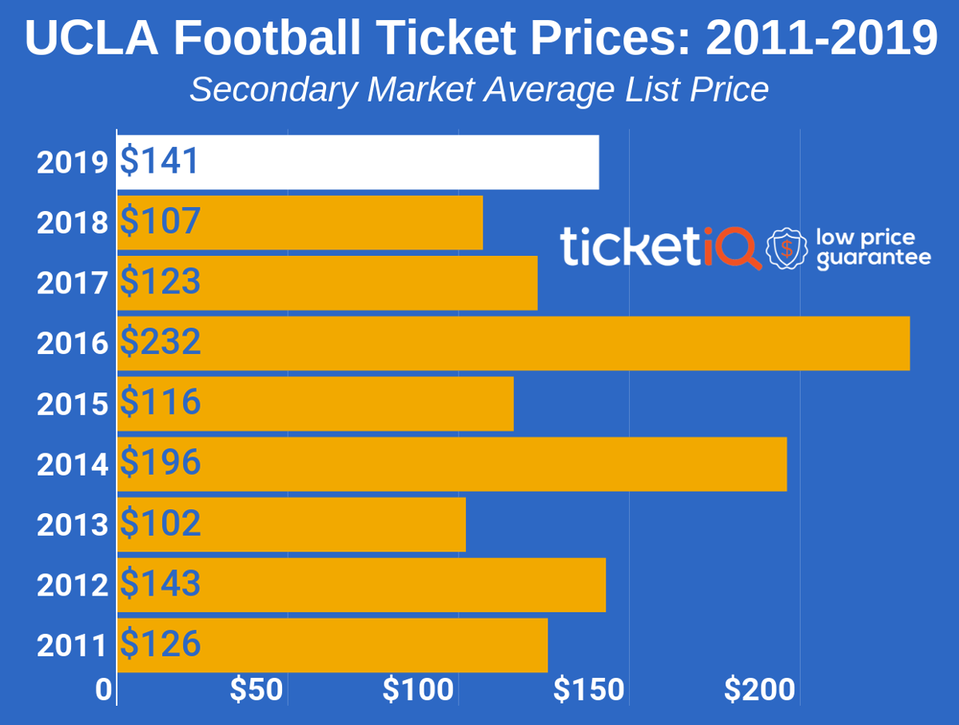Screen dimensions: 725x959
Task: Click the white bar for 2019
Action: coord(358,162)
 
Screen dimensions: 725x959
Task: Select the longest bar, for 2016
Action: coord(513,343)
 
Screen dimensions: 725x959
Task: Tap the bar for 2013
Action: coord(292,524)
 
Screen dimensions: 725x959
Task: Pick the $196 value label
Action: coord(161,464)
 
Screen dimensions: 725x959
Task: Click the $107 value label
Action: coord(161,221)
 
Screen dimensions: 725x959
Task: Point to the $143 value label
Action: coord(161,584)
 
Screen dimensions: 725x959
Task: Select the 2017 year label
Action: coord(72,284)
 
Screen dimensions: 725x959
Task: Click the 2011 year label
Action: coord(72,646)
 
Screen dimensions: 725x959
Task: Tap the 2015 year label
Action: coord(72,404)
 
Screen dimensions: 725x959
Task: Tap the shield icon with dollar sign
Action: coord(787,249)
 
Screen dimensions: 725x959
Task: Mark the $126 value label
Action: coord(161,644)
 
